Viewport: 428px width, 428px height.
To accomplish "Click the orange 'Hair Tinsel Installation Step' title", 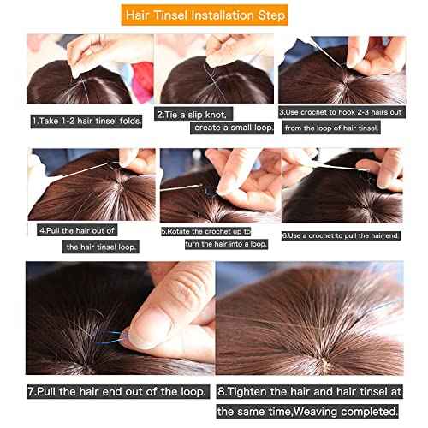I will coord(214,15).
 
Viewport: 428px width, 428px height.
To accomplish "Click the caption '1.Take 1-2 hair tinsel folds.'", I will coord(86,121).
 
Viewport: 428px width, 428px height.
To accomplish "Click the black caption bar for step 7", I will coord(118,391).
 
